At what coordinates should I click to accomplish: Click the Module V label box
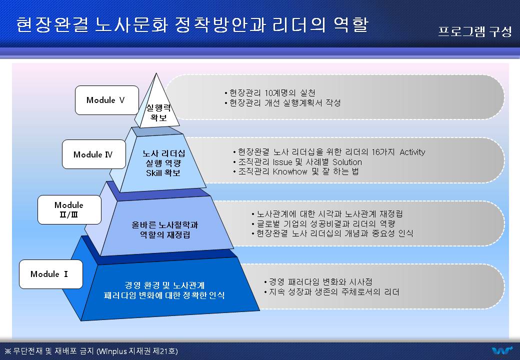pyautogui.click(x=107, y=100)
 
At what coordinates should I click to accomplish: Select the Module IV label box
pyautogui.click(x=94, y=154)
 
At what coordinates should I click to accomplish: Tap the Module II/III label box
pyautogui.click(x=69, y=209)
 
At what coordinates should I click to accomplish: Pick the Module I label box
pyautogui.click(x=50, y=274)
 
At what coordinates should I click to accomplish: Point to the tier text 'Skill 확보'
pyautogui.click(x=163, y=172)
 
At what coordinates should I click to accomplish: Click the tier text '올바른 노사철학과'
pyautogui.click(x=165, y=225)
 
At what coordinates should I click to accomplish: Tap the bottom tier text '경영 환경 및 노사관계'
pyautogui.click(x=164, y=285)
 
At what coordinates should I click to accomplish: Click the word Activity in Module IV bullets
pyautogui.click(x=412, y=152)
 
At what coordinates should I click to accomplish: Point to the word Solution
pyautogui.click(x=347, y=162)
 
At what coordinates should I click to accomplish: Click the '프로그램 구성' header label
pyautogui.click(x=475, y=32)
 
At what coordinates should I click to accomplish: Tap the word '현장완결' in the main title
pyautogui.click(x=52, y=24)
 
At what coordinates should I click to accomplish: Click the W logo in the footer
pyautogui.click(x=502, y=350)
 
